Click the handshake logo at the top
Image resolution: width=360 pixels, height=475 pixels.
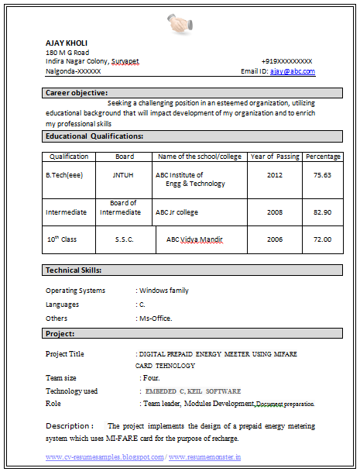point(180,24)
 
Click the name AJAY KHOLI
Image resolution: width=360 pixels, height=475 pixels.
point(67,43)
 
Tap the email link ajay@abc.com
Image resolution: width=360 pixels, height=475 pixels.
point(293,71)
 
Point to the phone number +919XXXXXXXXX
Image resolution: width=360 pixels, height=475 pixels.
point(286,61)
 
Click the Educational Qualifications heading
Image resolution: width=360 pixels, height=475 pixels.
point(94,136)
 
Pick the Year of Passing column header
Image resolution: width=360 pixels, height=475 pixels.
point(275,157)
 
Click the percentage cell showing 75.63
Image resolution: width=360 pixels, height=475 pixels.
point(322,175)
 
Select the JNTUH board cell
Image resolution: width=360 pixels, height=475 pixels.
point(125,175)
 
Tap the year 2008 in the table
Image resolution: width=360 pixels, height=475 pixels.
point(275,212)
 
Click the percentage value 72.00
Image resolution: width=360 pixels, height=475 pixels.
point(322,239)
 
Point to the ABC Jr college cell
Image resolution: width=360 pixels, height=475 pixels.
point(177,212)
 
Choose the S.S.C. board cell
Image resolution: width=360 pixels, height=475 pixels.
point(125,239)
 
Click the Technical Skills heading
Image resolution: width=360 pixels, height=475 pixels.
point(74,270)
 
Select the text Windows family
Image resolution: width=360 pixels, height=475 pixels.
point(163,291)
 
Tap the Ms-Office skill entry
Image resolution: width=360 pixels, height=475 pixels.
point(155,318)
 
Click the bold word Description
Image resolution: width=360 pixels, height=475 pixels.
point(69,426)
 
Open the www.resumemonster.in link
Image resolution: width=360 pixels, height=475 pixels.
point(205,458)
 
